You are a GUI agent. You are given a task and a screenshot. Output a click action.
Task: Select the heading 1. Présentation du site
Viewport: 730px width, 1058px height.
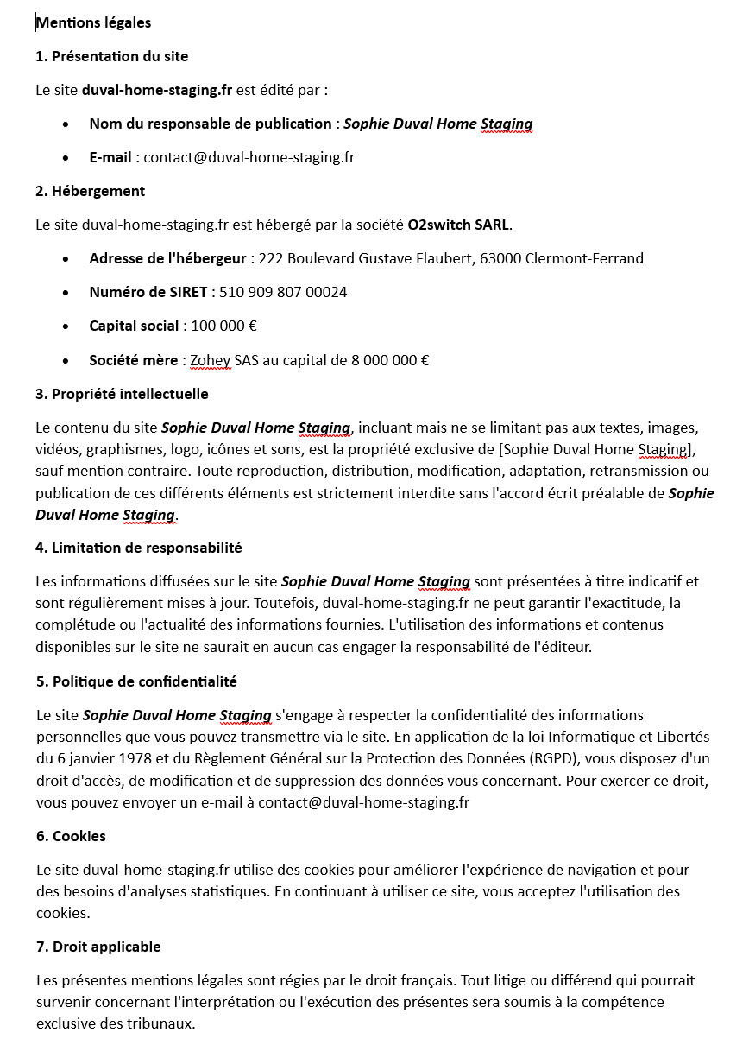point(111,56)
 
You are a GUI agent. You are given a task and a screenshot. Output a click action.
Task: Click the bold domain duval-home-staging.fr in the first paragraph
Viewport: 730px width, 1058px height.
point(157,90)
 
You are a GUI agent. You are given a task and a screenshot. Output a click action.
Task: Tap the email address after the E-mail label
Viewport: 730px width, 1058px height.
point(249,157)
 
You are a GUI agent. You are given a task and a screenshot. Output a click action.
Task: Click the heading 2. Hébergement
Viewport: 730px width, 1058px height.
point(90,191)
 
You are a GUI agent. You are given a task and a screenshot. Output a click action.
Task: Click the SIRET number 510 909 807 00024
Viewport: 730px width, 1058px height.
point(283,292)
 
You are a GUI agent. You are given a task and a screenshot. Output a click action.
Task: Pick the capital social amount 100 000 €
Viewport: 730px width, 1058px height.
point(223,326)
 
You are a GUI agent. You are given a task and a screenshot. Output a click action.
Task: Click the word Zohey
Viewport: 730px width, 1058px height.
point(211,360)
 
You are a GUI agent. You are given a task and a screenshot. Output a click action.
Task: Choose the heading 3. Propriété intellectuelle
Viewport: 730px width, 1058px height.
point(122,394)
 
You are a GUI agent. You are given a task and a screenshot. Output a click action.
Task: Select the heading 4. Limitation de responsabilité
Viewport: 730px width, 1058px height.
point(138,548)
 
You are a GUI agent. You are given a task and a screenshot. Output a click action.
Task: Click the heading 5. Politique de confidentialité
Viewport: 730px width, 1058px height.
point(135,681)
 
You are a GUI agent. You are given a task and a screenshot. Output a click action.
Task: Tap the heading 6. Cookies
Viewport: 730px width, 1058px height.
point(71,836)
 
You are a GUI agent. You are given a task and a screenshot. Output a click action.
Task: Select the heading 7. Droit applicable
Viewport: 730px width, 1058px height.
point(98,947)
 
